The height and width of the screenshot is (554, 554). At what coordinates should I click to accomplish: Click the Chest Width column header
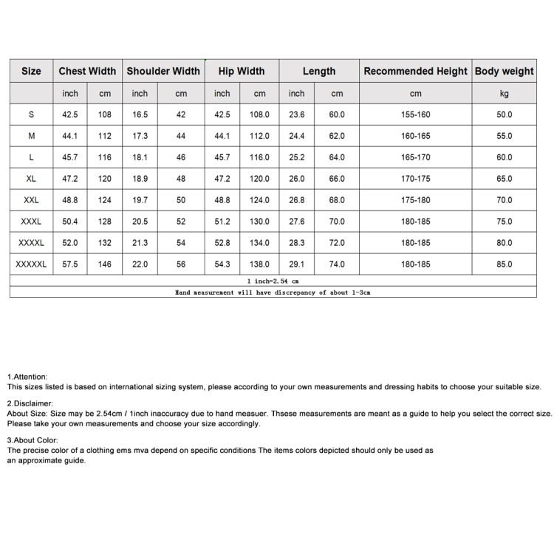(x=87, y=72)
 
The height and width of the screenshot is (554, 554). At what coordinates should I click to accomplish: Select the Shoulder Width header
(x=163, y=72)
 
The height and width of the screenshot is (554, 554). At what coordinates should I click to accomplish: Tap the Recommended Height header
(x=415, y=72)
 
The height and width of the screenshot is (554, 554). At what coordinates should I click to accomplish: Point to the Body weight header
(x=504, y=72)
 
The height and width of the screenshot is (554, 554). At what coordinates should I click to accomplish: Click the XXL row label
(x=31, y=200)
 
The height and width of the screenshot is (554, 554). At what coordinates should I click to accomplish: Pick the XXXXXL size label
(x=31, y=264)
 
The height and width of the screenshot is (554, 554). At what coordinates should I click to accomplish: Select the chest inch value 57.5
(x=70, y=264)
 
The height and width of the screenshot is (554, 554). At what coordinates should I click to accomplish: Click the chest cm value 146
(x=105, y=264)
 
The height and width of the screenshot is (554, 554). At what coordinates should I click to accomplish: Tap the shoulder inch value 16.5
(x=140, y=115)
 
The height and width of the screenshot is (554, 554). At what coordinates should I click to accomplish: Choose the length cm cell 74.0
(x=337, y=264)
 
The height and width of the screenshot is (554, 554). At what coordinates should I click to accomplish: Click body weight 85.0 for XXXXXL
(x=504, y=264)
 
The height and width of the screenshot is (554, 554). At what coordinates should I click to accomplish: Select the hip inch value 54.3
(x=222, y=264)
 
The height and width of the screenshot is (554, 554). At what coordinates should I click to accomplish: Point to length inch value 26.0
(x=296, y=179)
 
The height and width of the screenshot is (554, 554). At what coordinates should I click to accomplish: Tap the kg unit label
(x=504, y=94)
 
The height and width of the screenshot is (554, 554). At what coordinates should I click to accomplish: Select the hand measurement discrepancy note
(x=273, y=293)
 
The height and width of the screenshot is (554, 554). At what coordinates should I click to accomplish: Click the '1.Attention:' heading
(x=27, y=377)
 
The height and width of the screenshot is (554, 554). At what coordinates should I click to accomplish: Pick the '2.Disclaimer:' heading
(x=30, y=404)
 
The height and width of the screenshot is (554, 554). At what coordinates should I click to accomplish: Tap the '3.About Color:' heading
(x=33, y=440)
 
